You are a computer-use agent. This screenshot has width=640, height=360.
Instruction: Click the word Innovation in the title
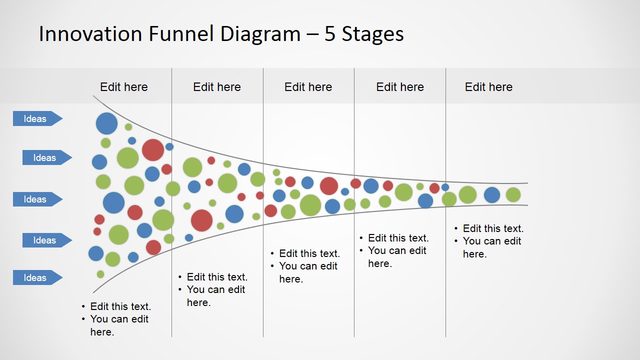pos(90,33)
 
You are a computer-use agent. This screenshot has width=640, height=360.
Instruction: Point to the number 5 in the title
pos(329,34)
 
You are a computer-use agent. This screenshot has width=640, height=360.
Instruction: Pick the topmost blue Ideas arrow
pos(37,118)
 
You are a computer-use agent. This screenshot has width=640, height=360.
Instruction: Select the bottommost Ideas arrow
pos(37,277)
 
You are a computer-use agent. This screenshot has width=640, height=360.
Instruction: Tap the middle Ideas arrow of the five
pos(37,199)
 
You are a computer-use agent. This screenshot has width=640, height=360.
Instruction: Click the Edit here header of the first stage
pos(123,87)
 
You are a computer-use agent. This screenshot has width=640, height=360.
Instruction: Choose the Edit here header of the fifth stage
pos(488,87)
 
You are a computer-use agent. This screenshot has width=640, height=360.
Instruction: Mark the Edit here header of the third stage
pos(308,87)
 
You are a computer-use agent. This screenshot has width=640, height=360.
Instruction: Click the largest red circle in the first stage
pos(153,150)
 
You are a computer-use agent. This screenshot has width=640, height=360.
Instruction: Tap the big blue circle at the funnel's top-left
pos(106,123)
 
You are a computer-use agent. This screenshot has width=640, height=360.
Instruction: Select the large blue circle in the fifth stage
pos(492,195)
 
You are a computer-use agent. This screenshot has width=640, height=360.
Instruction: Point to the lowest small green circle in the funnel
pos(100,274)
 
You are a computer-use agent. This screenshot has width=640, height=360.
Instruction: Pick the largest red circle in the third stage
pos(329,186)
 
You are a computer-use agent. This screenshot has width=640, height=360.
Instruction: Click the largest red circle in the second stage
pos(201,220)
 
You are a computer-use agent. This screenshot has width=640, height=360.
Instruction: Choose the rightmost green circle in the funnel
pos(513,195)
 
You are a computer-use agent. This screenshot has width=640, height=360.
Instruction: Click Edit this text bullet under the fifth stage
pos(493,228)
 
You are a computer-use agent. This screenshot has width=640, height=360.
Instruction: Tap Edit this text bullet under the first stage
pos(120,306)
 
